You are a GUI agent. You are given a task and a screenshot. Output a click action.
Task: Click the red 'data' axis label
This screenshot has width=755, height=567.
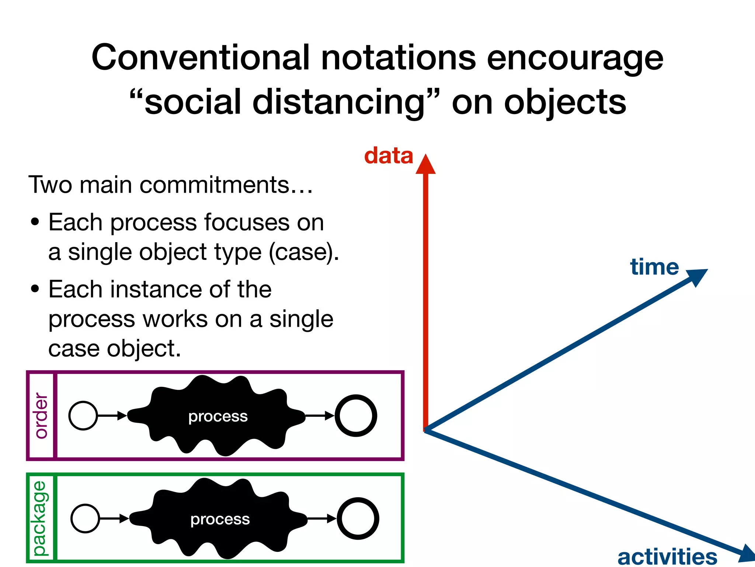(389, 156)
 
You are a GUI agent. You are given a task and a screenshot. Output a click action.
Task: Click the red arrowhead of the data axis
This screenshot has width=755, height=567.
(425, 165)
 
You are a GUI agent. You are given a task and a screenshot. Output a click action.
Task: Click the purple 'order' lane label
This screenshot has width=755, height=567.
(41, 415)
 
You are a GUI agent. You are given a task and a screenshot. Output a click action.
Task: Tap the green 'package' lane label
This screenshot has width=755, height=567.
(40, 518)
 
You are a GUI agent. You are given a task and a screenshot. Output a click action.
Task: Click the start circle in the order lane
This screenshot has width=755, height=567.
(83, 416)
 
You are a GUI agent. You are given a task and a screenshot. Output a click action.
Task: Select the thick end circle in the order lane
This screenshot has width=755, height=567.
(356, 416)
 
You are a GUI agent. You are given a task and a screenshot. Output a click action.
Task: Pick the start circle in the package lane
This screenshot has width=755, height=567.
(85, 518)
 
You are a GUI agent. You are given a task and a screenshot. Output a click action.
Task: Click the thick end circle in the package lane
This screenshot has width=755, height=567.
(358, 518)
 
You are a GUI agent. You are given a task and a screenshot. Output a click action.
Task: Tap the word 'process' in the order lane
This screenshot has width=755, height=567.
(218, 416)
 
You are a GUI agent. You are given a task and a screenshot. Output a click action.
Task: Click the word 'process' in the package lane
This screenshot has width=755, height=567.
(220, 519)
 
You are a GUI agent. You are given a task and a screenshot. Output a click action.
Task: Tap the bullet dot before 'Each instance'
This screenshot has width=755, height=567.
(35, 289)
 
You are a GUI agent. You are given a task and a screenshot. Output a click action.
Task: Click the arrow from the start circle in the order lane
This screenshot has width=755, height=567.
(112, 416)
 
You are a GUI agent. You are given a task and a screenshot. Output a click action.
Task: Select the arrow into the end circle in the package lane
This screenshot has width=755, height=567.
(321, 518)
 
